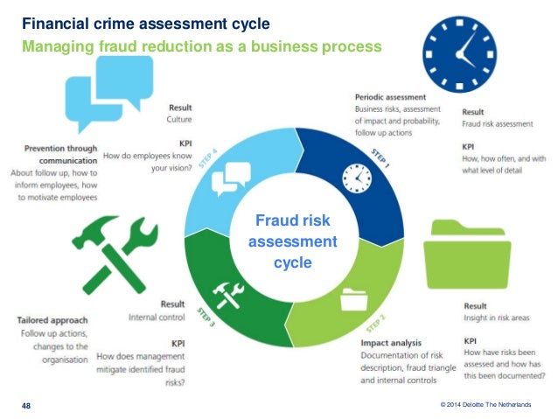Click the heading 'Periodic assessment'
tap(390, 97)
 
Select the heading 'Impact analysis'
tap(391, 343)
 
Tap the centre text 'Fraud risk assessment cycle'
tap(293, 240)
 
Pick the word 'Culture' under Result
tap(181, 118)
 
